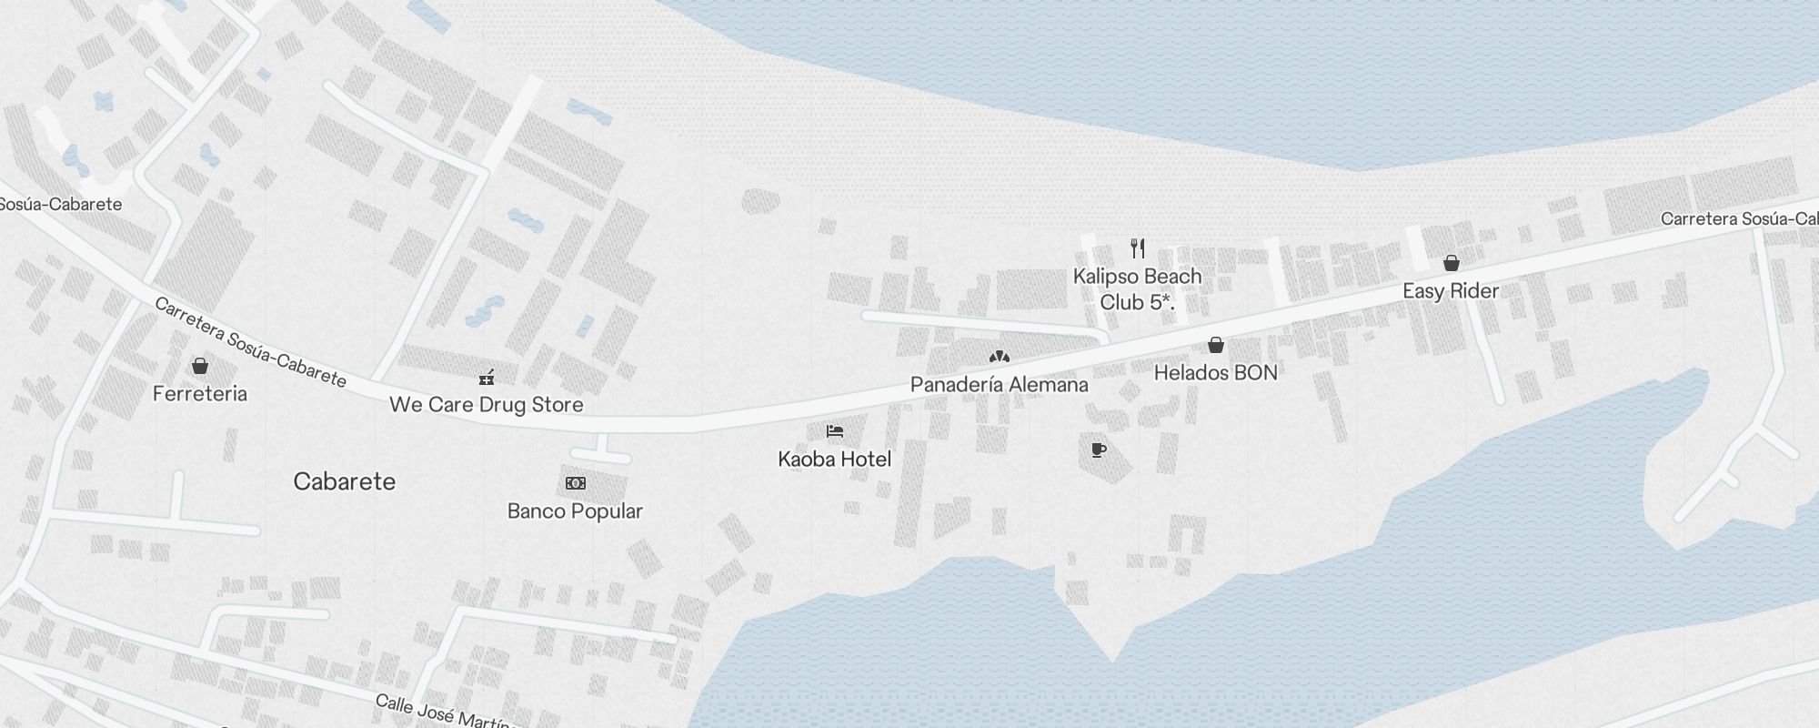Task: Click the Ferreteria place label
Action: [200, 394]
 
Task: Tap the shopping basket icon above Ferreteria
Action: [200, 366]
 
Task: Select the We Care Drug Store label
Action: [487, 405]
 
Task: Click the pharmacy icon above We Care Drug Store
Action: [487, 377]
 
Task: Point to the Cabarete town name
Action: [345, 481]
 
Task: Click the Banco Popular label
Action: [575, 511]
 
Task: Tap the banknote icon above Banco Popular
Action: [576, 483]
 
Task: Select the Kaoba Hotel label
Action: [835, 460]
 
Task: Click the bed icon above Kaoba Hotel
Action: [835, 431]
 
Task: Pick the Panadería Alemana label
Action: [1000, 385]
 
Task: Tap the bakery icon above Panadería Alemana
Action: [1000, 357]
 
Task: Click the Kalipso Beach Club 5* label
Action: [1138, 289]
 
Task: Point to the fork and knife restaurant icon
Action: [1138, 248]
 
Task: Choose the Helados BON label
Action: [1216, 373]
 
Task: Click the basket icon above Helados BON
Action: [1216, 345]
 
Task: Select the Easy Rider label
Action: [1451, 291]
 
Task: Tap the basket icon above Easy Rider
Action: [1452, 263]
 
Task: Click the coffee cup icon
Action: [1099, 450]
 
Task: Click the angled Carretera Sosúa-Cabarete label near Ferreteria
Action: [250, 342]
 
